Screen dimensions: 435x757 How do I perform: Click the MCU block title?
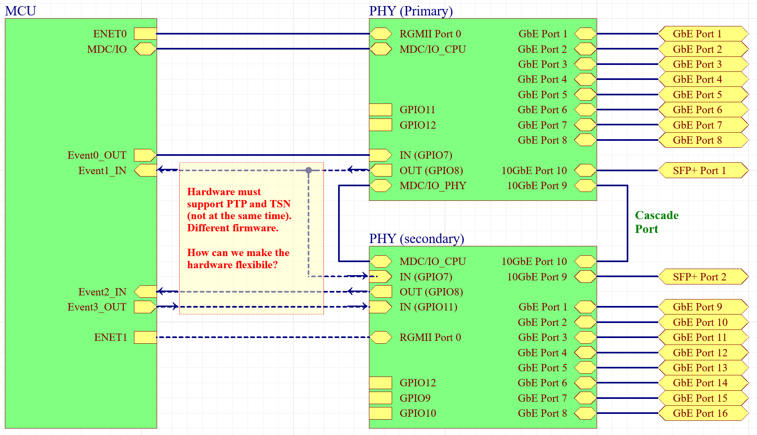tap(20, 11)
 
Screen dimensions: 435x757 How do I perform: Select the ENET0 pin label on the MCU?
tap(110, 34)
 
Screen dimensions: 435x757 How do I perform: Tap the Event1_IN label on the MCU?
tap(102, 170)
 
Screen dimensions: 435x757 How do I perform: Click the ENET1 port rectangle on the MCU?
tap(145, 337)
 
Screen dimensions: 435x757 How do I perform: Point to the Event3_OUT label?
tap(97, 307)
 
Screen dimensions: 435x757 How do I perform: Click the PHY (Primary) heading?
tap(411, 11)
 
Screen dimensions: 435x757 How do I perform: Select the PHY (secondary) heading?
tap(416, 239)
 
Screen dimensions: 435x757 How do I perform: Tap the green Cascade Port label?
tap(656, 222)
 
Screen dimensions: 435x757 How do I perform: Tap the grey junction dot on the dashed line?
tap(308, 170)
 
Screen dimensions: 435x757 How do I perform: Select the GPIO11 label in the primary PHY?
tap(417, 110)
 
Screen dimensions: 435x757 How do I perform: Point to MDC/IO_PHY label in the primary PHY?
tap(433, 185)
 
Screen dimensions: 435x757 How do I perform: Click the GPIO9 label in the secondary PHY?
tap(415, 398)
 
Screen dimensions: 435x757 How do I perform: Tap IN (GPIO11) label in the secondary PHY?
tap(428, 307)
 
